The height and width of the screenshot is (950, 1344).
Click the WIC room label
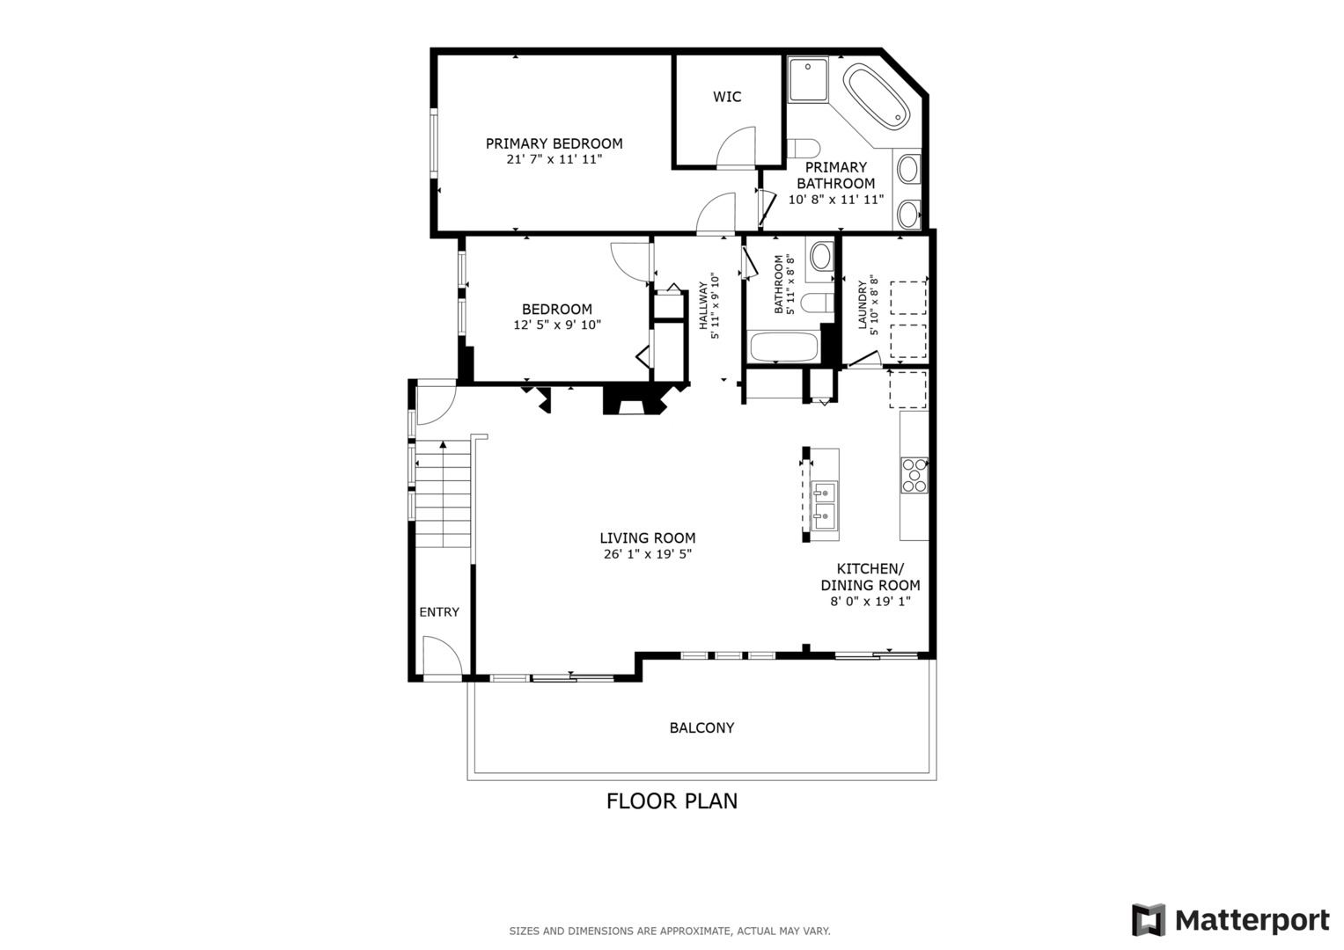click(727, 97)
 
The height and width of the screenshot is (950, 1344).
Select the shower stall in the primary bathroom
click(807, 79)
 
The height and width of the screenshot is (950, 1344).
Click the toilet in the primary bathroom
click(804, 148)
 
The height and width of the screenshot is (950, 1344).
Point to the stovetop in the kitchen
click(914, 475)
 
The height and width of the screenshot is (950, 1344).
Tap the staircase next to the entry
click(444, 497)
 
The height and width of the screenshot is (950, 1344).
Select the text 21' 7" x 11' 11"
click(554, 159)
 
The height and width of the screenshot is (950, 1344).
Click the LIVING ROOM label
click(648, 537)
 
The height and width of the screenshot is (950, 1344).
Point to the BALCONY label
click(701, 727)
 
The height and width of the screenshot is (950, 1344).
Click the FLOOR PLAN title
click(672, 801)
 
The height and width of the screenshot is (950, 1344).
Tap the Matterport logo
click(1230, 920)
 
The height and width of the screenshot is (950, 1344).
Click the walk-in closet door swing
click(737, 147)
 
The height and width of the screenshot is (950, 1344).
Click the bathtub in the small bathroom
click(783, 347)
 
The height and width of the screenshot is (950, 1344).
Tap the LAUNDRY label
click(863, 305)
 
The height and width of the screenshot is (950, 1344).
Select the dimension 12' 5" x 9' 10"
click(557, 325)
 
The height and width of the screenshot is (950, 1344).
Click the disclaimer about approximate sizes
click(670, 931)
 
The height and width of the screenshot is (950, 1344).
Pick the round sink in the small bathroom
click(821, 257)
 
